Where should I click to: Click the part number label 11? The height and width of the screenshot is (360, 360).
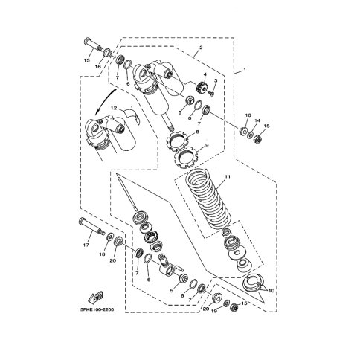click(x=228, y=176)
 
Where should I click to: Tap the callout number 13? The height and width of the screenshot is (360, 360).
click(x=86, y=60)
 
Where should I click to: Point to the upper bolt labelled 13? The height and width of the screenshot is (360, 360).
click(x=93, y=45)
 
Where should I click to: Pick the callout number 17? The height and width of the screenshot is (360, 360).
click(x=86, y=245)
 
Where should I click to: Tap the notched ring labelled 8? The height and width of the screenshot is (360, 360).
click(x=178, y=141)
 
